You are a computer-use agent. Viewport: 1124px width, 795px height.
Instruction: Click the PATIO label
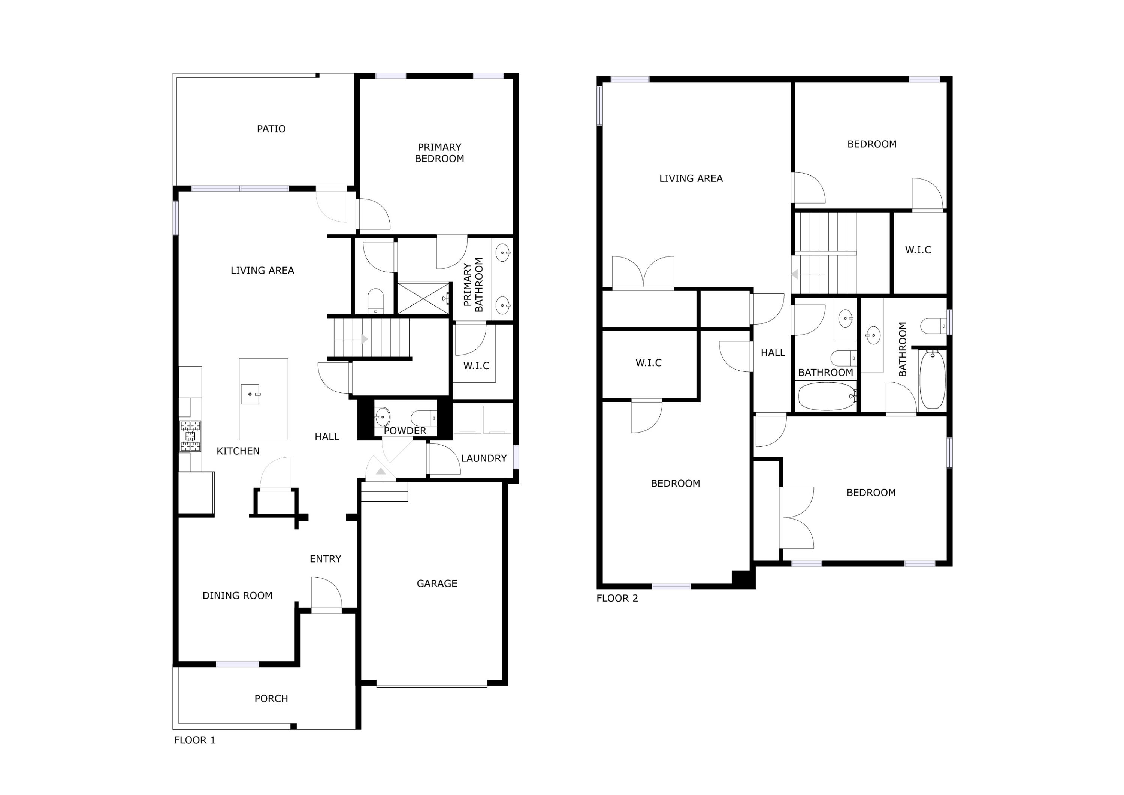(271, 129)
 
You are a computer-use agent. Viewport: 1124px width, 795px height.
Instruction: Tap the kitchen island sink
(251, 394)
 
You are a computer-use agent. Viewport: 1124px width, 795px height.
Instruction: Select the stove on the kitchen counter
(190, 436)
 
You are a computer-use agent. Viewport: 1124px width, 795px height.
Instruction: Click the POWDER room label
(405, 431)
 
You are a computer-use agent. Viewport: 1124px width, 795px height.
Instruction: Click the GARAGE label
(437, 583)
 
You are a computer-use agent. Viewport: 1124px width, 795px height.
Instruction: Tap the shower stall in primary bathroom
(423, 298)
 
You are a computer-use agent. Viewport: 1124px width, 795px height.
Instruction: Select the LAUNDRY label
(484, 458)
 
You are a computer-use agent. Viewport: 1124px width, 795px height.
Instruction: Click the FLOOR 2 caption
(617, 598)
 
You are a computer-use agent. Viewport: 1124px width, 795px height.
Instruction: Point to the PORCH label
(271, 699)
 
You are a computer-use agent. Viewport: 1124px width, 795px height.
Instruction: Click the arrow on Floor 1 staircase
(363, 338)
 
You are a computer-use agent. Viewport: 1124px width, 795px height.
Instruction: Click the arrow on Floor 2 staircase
(795, 274)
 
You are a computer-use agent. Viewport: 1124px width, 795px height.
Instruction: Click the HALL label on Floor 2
(773, 353)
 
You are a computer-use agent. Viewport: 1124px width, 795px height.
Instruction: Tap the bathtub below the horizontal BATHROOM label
(827, 396)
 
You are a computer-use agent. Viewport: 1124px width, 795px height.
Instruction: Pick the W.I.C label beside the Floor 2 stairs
(918, 250)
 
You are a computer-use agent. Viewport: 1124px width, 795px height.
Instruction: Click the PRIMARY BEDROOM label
(439, 153)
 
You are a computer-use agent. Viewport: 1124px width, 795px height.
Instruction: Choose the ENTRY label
(325, 559)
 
